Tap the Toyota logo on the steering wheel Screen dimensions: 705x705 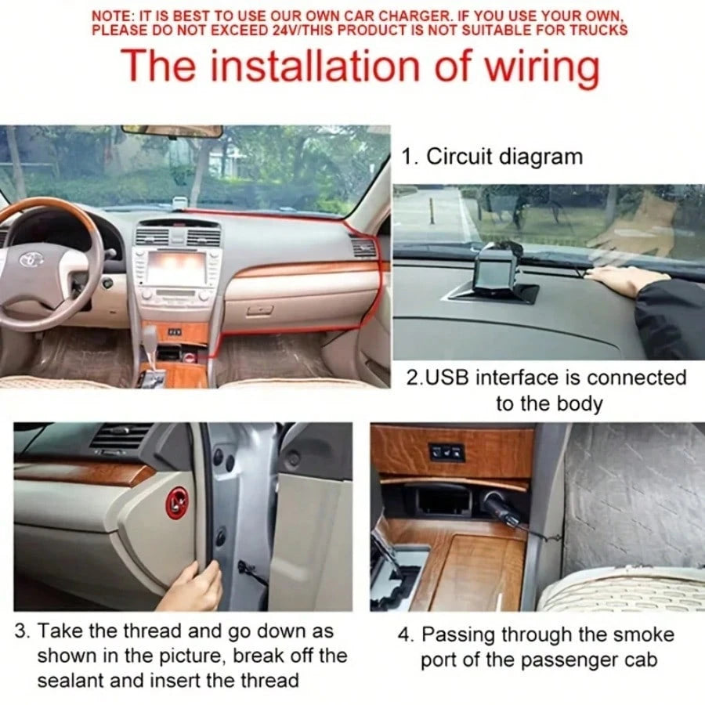click(31, 259)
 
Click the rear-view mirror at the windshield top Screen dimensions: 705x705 click(172, 131)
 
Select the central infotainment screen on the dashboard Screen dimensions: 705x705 click(175, 268)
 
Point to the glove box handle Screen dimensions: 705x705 click(260, 309)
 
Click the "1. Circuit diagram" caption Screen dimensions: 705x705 click(492, 157)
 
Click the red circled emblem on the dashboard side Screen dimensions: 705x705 click(177, 502)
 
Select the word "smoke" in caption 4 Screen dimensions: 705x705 click(644, 634)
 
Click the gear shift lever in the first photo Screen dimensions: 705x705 click(150, 341)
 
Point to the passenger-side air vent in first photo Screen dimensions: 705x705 click(363, 248)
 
